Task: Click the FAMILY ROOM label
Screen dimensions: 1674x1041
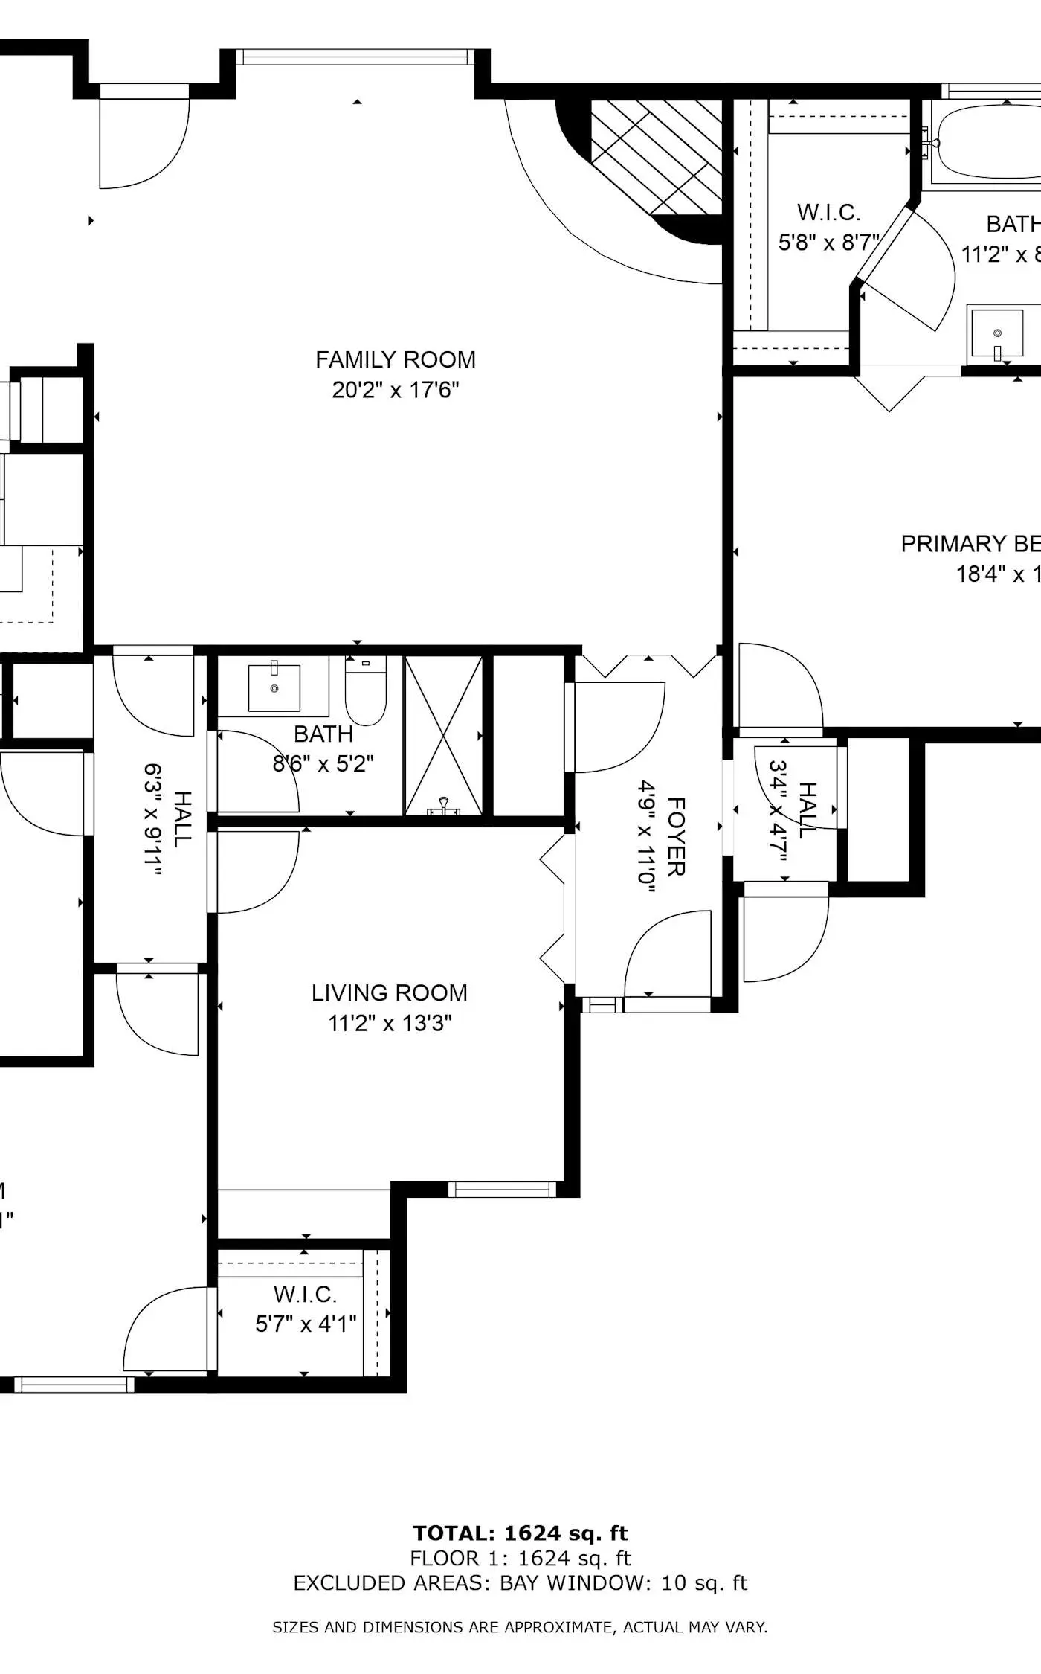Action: coord(395,359)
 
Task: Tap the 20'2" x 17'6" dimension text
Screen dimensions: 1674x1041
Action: coord(395,390)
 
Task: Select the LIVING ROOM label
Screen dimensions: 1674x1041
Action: coord(389,992)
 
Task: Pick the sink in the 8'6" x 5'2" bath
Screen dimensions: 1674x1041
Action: coord(274,687)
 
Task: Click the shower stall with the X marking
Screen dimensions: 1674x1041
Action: coord(443,735)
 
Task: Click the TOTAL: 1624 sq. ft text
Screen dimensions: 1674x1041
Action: coord(520,1533)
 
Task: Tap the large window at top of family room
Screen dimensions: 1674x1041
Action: coord(355,57)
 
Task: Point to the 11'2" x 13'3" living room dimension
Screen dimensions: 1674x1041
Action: coord(390,1023)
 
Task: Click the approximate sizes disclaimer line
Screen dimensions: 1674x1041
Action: coord(520,1627)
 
